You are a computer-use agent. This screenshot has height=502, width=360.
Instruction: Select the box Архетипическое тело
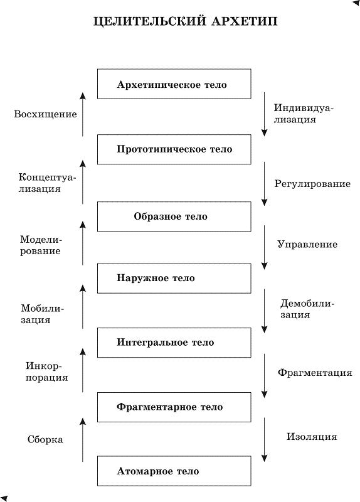(x=174, y=84)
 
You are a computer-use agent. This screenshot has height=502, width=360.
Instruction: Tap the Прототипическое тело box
(x=174, y=149)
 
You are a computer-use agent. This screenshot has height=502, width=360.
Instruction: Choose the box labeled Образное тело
(x=174, y=216)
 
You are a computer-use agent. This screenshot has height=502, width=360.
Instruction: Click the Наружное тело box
(x=174, y=278)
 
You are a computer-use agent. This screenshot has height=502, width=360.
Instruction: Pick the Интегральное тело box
(x=174, y=343)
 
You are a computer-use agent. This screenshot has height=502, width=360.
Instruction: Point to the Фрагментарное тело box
(x=174, y=407)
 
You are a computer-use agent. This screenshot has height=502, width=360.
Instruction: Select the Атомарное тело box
(x=174, y=471)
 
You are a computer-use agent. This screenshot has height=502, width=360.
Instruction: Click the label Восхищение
(x=45, y=114)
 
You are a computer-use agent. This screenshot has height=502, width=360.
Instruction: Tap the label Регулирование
(x=312, y=184)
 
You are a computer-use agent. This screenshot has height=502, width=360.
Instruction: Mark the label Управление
(x=307, y=245)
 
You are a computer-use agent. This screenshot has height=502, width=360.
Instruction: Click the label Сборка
(x=45, y=440)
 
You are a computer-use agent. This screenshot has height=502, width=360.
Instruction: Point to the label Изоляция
(x=312, y=437)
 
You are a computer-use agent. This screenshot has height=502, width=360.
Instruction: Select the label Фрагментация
(x=315, y=372)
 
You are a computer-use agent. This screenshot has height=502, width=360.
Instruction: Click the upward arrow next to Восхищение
(x=83, y=114)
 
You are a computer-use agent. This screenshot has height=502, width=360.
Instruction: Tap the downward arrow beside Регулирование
(x=264, y=184)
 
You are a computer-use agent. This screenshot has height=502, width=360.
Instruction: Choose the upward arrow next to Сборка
(x=83, y=440)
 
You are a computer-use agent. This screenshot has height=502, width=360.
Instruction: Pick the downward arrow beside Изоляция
(x=264, y=440)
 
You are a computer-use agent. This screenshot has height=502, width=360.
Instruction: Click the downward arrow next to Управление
(x=264, y=247)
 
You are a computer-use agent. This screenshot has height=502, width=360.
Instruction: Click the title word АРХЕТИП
(x=244, y=21)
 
